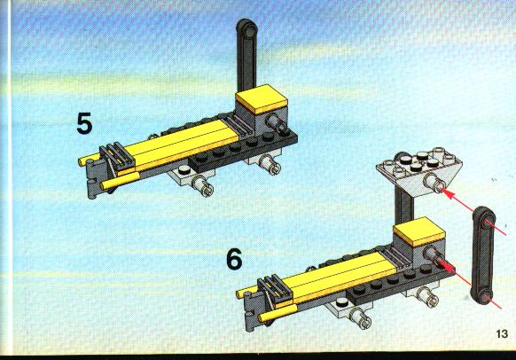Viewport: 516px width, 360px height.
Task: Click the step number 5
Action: [x=84, y=123]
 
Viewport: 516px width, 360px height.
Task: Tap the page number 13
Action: [x=502, y=334]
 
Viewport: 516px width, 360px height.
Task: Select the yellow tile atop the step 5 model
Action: [x=262, y=98]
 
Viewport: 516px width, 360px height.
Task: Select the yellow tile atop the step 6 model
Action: [x=419, y=231]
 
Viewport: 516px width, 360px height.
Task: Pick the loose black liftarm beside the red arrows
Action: [x=483, y=255]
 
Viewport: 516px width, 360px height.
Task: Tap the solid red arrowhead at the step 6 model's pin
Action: [x=446, y=267]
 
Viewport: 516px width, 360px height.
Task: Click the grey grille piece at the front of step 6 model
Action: [x=275, y=288]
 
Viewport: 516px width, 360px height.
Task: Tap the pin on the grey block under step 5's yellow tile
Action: [x=278, y=123]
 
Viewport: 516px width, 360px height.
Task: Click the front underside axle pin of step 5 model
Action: [x=203, y=185]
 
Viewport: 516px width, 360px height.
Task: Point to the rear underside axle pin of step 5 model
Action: [x=270, y=164]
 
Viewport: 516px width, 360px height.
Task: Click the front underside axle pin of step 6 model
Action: [x=361, y=318]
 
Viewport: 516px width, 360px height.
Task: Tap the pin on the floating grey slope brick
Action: [x=434, y=183]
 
